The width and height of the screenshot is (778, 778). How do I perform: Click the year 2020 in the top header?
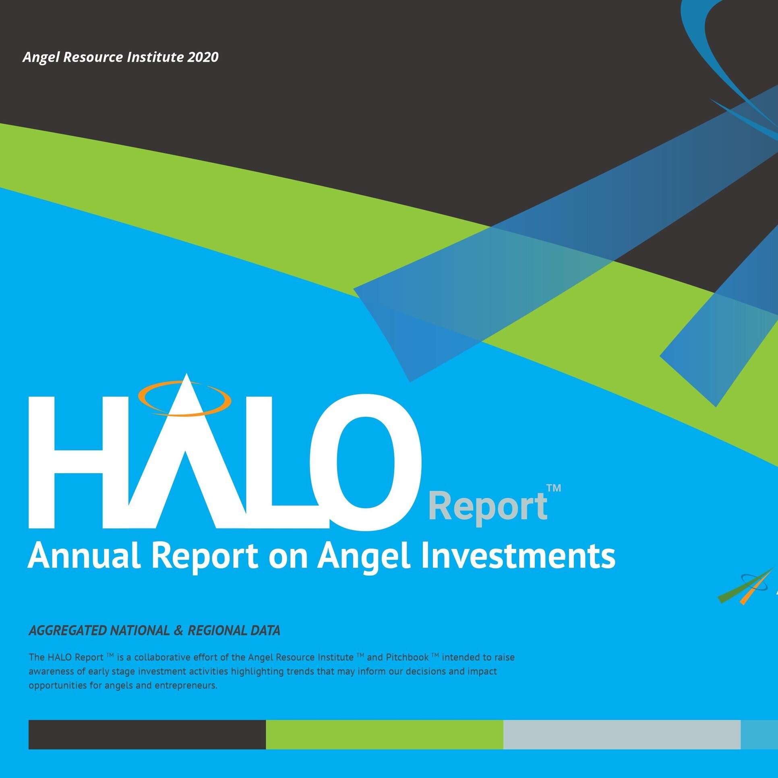click(x=203, y=57)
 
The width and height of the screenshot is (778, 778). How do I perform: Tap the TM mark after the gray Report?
click(x=553, y=488)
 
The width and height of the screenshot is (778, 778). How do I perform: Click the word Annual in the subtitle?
click(x=84, y=556)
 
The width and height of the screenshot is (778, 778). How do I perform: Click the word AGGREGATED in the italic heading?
click(x=68, y=630)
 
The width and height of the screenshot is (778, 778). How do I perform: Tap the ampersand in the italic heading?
click(x=178, y=631)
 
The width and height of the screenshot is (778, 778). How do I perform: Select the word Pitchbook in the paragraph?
click(x=407, y=657)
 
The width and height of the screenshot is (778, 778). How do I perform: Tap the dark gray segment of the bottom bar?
click(x=147, y=735)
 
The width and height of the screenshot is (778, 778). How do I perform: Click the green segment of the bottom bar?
click(x=384, y=735)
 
